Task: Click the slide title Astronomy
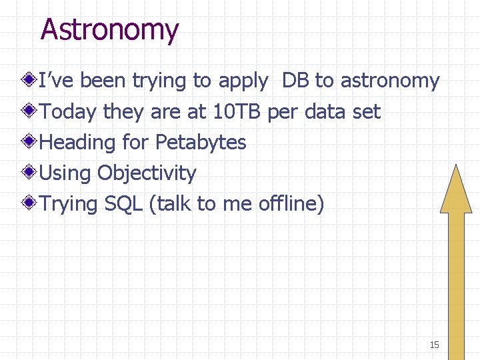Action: pos(109,30)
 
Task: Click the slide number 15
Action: pos(434,345)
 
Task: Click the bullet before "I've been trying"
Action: pos(29,81)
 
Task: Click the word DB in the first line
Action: pos(295,81)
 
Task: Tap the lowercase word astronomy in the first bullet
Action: pos(390,81)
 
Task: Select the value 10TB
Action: pos(237,112)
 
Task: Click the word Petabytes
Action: pos(201,143)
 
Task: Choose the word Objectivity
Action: pos(147,173)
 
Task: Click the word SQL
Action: pos(124,204)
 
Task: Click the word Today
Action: pos(68,112)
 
